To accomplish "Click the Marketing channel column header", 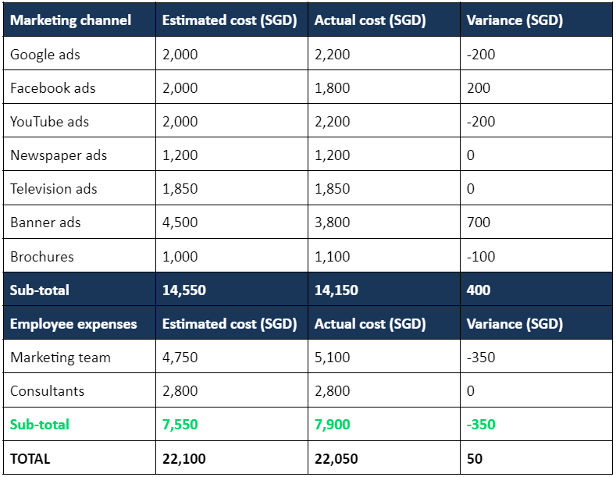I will [x=70, y=20].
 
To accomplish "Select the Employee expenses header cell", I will [x=73, y=324].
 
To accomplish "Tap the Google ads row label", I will [x=45, y=55].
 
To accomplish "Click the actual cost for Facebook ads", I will [x=332, y=88].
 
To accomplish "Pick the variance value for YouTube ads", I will [x=481, y=122].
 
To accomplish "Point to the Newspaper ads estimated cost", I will [x=180, y=155].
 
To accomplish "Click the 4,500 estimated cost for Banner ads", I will [x=180, y=222].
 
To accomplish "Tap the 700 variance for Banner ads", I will [x=478, y=222].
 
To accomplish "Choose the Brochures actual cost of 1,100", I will [x=332, y=256].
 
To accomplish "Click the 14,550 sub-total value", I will [x=183, y=290].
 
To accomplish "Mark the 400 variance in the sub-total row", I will [x=478, y=290].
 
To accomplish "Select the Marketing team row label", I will [x=60, y=358].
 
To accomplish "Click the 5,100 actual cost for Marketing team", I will [x=332, y=358].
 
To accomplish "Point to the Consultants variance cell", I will [x=470, y=391].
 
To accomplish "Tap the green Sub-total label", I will [x=39, y=425].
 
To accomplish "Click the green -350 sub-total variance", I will [x=481, y=425].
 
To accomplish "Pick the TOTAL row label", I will [x=30, y=459].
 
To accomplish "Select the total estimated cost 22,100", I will [x=183, y=459].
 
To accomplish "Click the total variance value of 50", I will [x=474, y=459].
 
